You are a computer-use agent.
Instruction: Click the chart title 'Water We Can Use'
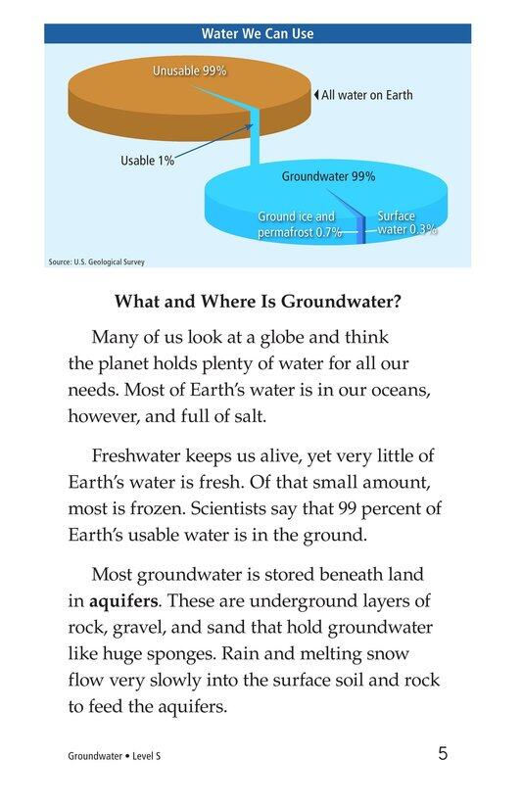[x=258, y=33]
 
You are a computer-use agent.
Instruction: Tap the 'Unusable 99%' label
[x=189, y=71]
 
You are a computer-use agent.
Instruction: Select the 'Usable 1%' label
[x=147, y=161]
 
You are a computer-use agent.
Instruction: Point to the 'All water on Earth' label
[x=366, y=95]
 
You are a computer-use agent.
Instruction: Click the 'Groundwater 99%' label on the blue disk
[x=328, y=177]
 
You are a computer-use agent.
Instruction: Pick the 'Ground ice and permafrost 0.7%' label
[x=300, y=224]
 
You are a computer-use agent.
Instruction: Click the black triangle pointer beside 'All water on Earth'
[x=315, y=95]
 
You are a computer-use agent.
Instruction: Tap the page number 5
[x=444, y=754]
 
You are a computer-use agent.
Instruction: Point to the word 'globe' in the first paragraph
[x=265, y=338]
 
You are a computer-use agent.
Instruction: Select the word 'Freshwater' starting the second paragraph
[x=136, y=455]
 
